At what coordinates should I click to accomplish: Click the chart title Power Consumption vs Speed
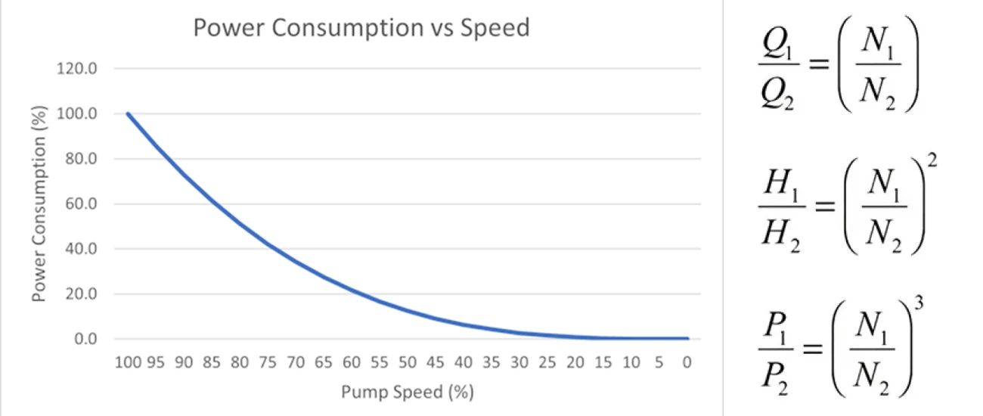361,29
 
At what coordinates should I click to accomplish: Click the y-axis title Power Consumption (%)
39,205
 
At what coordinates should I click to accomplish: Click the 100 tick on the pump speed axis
127,362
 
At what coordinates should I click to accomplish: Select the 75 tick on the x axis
268,362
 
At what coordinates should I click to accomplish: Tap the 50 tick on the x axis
407,362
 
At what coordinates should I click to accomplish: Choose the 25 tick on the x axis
547,362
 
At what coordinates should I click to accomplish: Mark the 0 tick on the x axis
686,362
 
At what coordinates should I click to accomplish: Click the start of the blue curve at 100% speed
128,113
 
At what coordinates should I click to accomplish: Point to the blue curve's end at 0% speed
686,338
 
